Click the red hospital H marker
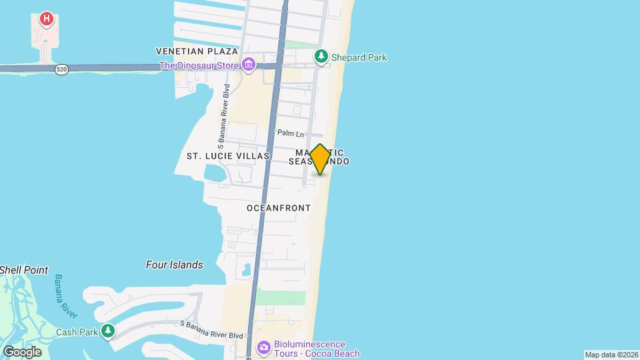tap(46, 18)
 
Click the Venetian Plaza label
tap(197, 51)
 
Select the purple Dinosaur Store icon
tap(249, 65)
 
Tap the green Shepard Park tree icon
tap(322, 57)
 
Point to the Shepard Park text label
tap(359, 57)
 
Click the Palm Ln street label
tap(290, 133)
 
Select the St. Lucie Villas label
tap(227, 156)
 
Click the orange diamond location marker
tap(320, 159)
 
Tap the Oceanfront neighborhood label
tap(279, 208)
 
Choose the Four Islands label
tap(174, 265)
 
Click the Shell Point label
tap(24, 270)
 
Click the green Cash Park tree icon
tap(108, 331)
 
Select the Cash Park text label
tap(77, 332)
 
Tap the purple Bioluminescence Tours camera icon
tap(263, 347)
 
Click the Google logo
tap(22, 351)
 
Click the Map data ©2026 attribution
tap(611, 355)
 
